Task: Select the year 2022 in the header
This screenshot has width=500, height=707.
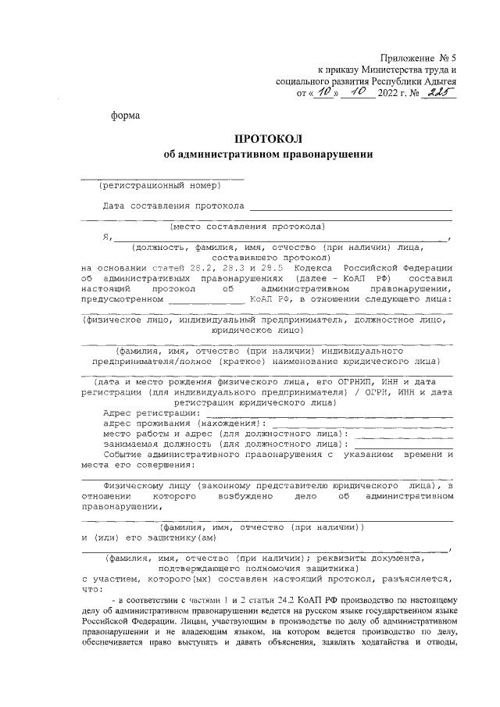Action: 387,94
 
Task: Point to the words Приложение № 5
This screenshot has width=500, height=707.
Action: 419,58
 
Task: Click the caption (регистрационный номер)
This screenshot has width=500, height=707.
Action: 159,185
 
